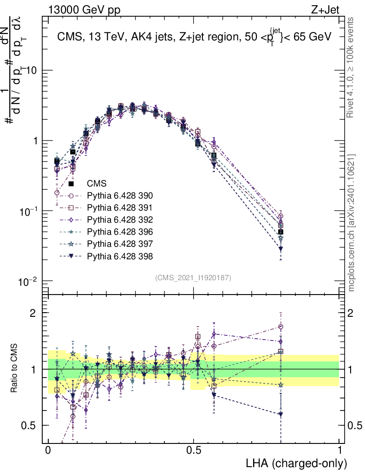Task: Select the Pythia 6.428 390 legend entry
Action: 120,195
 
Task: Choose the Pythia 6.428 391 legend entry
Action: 120,207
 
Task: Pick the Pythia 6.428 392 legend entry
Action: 120,219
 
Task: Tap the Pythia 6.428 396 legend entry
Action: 120,231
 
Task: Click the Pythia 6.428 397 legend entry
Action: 120,244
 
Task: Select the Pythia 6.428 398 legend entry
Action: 120,256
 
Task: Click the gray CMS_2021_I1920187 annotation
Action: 193,277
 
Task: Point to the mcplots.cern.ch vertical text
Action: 352,223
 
